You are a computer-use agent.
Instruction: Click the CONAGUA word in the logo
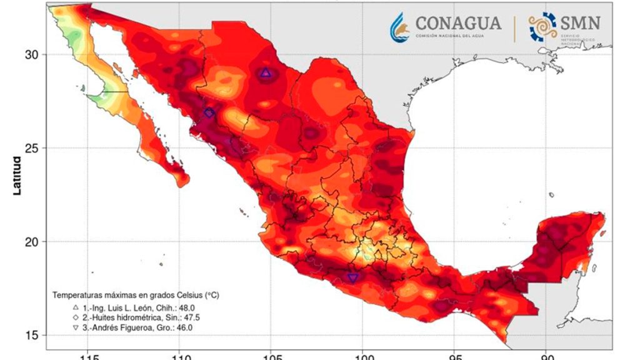coord(457,23)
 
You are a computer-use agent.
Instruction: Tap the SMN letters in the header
coord(581,23)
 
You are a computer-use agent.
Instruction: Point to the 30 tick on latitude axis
coord(31,54)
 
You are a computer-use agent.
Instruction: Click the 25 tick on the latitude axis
coord(31,148)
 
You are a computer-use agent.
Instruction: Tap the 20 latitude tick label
coord(31,242)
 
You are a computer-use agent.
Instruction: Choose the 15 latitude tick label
coord(31,335)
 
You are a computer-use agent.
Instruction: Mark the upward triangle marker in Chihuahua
coord(266,74)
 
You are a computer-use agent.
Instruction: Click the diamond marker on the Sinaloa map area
coord(209,113)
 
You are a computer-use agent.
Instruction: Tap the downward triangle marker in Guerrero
coord(352,277)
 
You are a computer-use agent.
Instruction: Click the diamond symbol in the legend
coord(75,317)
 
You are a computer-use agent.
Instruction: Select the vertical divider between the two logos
coord(514,29)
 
